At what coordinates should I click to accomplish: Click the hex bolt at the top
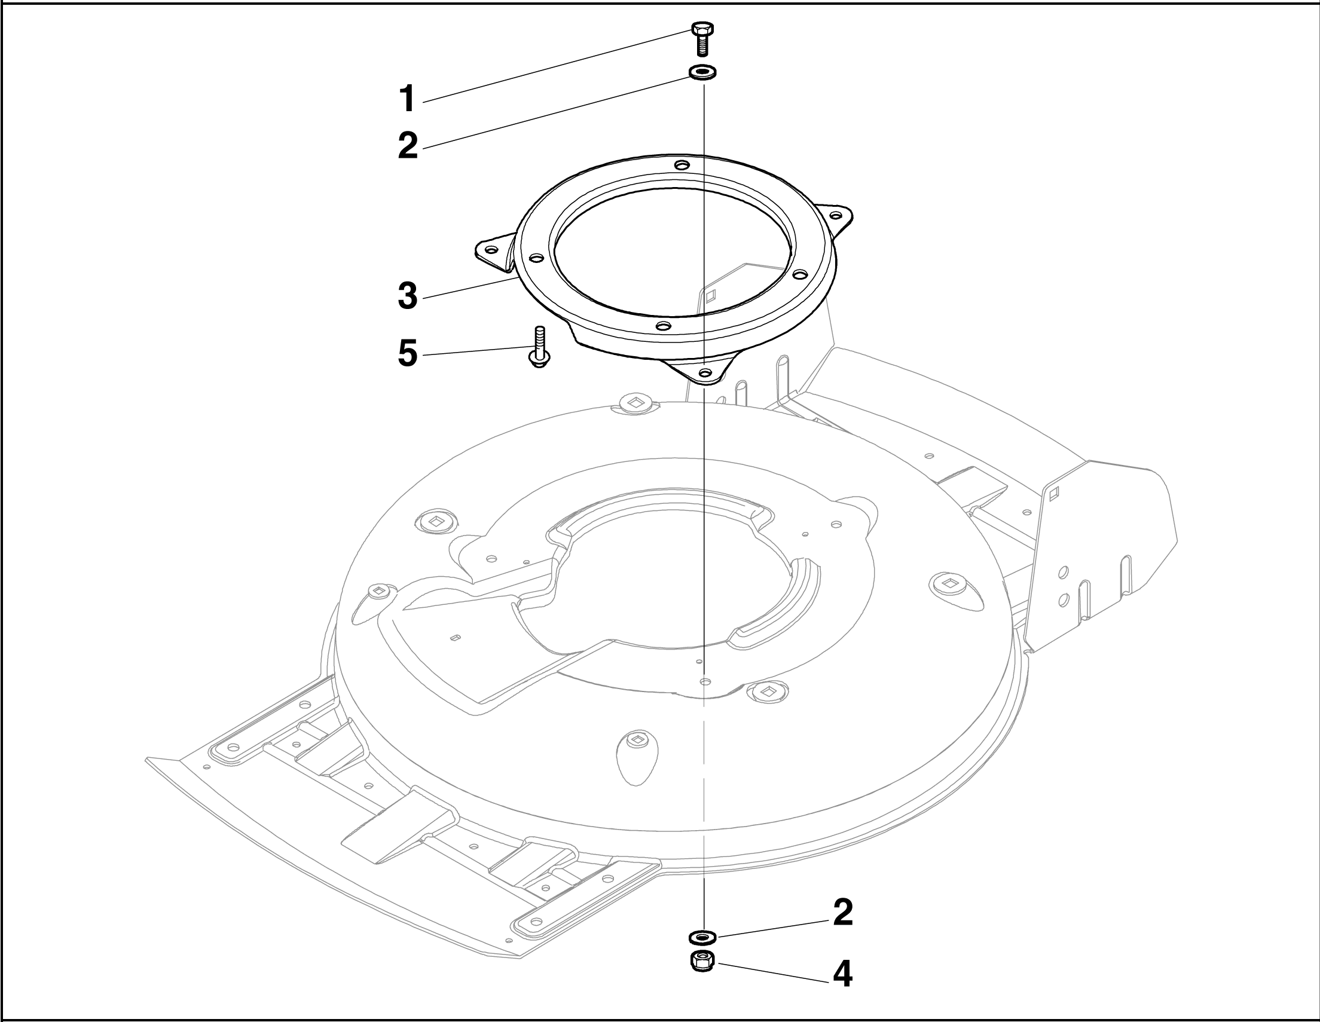coord(702,38)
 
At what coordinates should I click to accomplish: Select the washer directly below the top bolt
coord(702,72)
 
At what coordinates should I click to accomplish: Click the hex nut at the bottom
coord(702,961)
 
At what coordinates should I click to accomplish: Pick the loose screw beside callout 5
coord(539,346)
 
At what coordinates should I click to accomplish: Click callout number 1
coord(408,99)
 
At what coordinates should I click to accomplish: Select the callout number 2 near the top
coord(408,146)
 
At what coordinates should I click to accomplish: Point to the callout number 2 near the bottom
coord(842,913)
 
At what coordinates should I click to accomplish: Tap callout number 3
coord(408,296)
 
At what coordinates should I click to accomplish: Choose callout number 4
coord(842,974)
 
